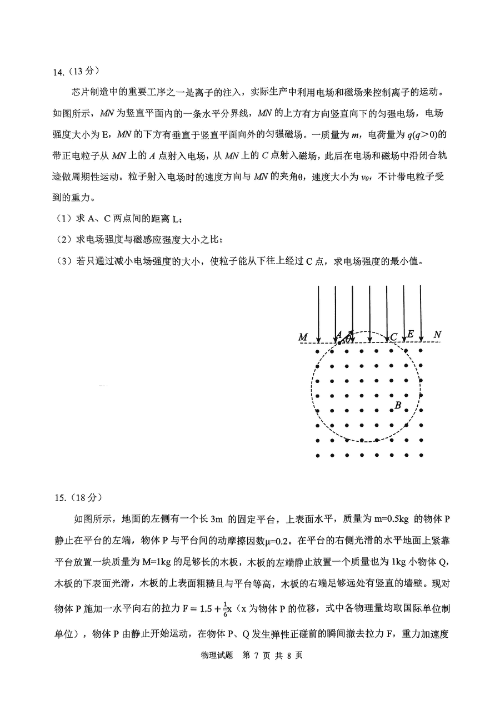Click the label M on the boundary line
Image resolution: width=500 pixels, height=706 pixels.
pyautogui.click(x=303, y=337)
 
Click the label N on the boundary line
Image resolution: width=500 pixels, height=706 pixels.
pyautogui.click(x=437, y=335)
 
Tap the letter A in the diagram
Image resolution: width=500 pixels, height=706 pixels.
pyautogui.click(x=338, y=335)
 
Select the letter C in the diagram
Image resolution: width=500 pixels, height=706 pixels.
pyautogui.click(x=393, y=336)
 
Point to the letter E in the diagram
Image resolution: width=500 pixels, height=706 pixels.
pyautogui.click(x=410, y=334)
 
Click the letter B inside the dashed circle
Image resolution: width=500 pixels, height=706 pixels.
pyautogui.click(x=397, y=406)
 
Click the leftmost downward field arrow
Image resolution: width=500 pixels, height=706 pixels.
pyautogui.click(x=318, y=314)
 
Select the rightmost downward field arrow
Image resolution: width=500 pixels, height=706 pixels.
pyautogui.click(x=421, y=314)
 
